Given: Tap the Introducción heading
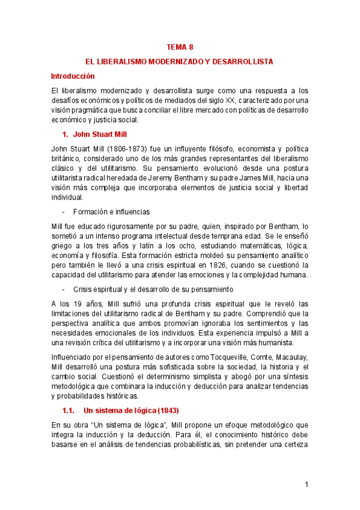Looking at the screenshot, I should click(73, 76).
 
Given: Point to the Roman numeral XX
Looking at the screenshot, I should click(231, 100).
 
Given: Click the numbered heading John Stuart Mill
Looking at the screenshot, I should click(97, 134).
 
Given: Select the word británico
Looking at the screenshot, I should click(68, 158).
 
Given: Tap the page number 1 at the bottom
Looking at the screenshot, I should click(306, 484).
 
